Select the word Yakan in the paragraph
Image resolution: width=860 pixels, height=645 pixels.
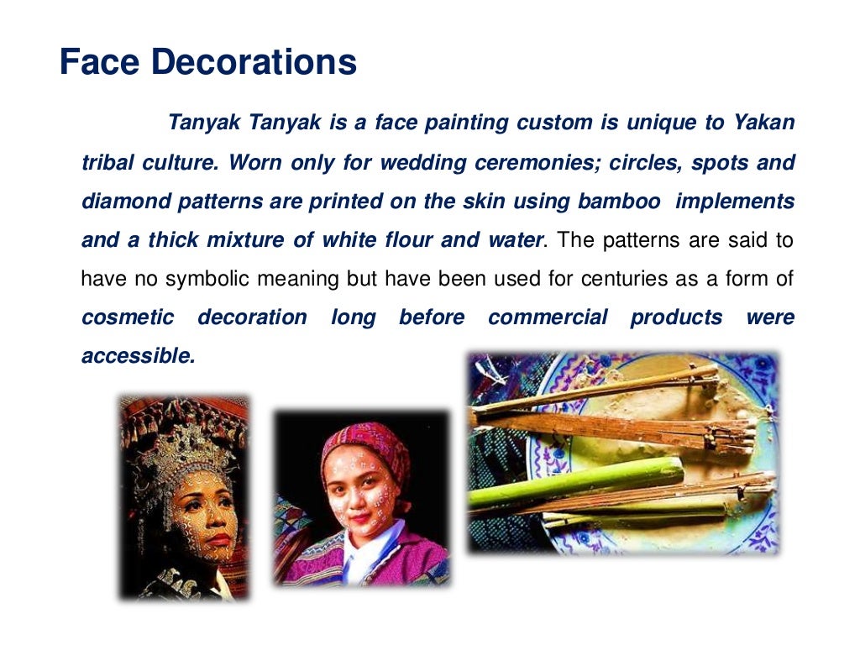(x=763, y=123)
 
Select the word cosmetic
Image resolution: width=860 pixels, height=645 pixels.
(x=128, y=317)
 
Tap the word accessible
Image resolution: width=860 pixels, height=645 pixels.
(x=138, y=356)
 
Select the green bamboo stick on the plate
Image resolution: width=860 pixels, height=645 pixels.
(x=579, y=480)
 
